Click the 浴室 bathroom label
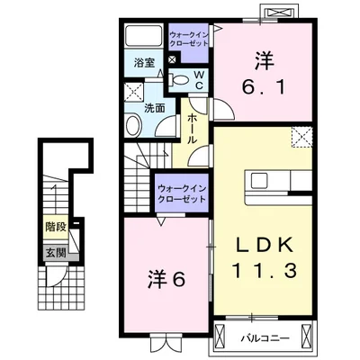[144, 63]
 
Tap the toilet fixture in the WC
[179, 80]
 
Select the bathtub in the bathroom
[143, 36]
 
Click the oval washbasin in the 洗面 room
[133, 125]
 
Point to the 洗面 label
[155, 108]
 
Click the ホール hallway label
[193, 129]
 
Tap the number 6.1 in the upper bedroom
[264, 87]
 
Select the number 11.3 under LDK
[265, 270]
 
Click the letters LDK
[264, 246]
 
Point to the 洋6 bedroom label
[166, 280]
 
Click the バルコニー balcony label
[265, 339]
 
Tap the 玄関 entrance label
[56, 254]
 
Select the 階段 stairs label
[56, 227]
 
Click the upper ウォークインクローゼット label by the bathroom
[189, 39]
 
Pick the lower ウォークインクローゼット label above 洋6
[182, 194]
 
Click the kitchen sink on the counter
[260, 181]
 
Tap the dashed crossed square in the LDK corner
[302, 137]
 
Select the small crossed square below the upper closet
[173, 59]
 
